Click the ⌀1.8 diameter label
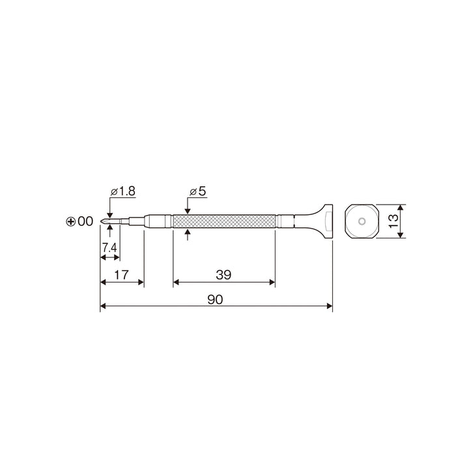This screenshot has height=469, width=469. [123, 191]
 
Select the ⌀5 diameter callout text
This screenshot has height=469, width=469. [198, 191]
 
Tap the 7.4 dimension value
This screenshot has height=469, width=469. [109, 248]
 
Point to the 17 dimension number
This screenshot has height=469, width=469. [121, 275]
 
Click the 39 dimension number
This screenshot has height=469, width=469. [223, 275]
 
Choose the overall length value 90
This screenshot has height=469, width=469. [215, 300]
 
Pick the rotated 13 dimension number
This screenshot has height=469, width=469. [393, 221]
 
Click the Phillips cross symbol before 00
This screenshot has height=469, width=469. [70, 221]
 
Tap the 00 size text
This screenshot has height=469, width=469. [85, 221]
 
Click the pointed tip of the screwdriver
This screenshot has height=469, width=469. [101, 221]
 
